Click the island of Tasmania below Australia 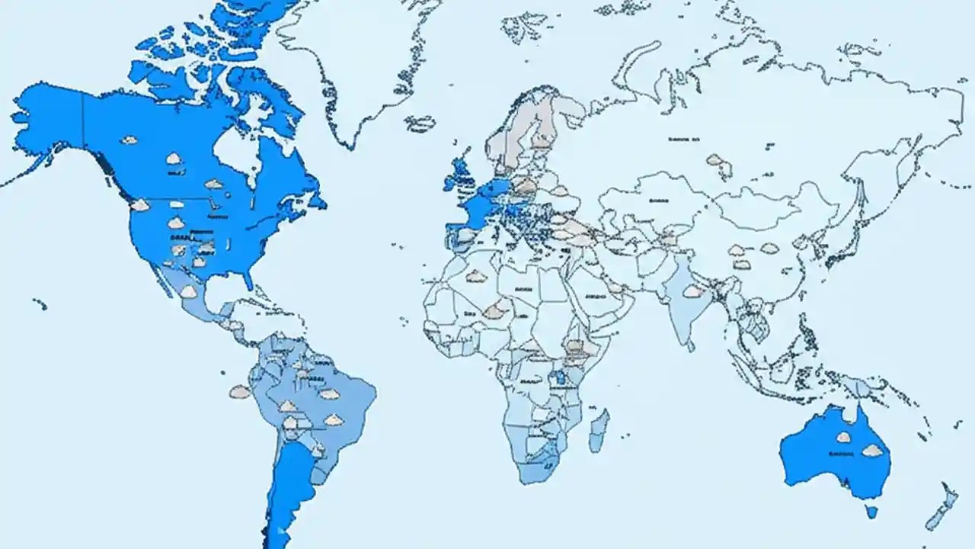pos(871,509)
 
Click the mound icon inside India pos(692,291)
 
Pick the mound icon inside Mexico pos(188,291)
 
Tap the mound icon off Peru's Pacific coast pos(240,392)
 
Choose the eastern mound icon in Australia pos(872,451)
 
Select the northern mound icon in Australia pos(843,437)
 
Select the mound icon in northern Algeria pos(476,276)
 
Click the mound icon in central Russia pos(715,160)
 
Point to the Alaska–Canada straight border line pos(82,126)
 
